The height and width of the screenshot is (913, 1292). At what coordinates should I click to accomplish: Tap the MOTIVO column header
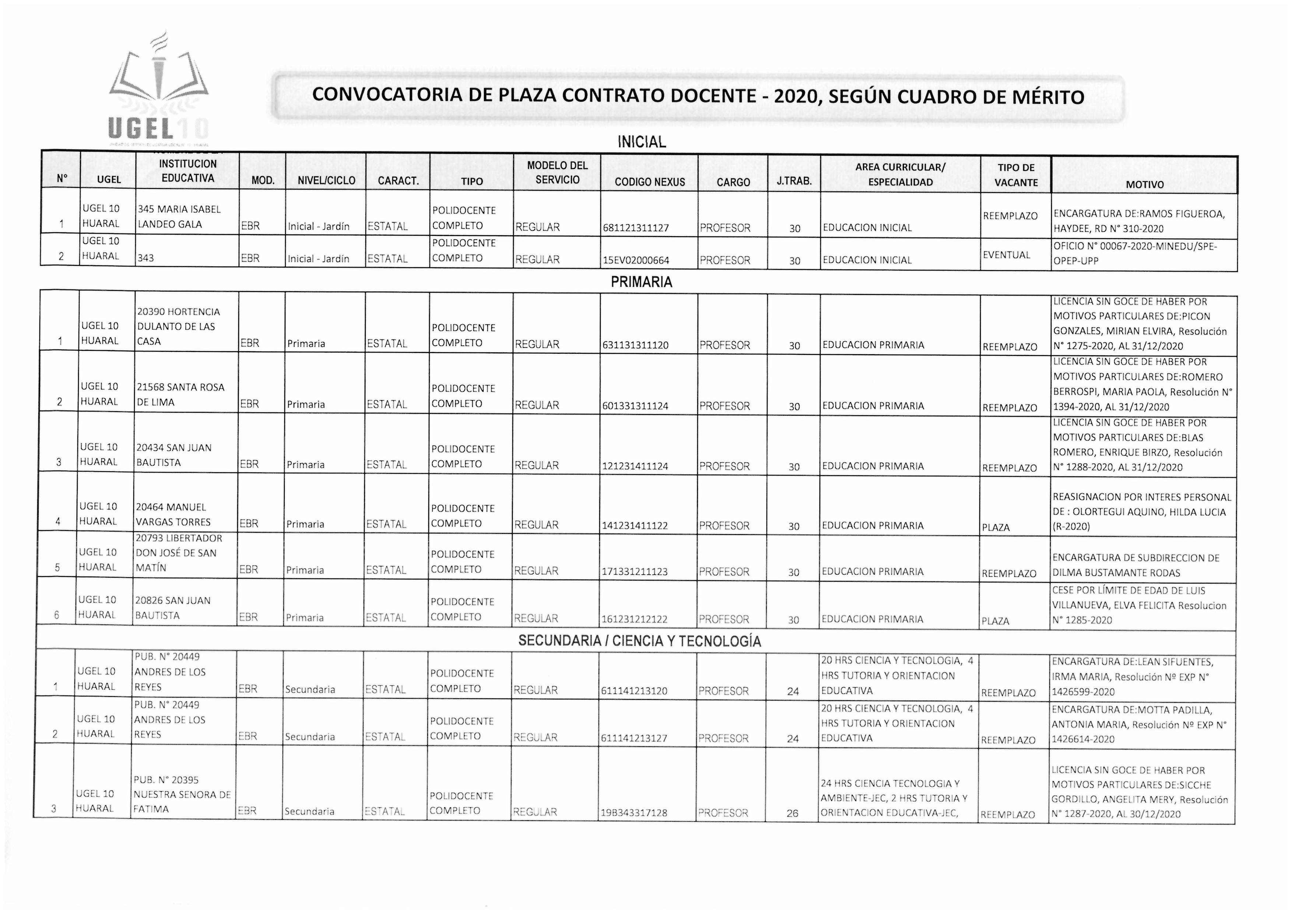[1145, 184]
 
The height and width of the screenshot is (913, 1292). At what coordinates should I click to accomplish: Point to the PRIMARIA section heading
[642, 282]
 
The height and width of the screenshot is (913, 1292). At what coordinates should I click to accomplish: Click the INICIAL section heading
[642, 142]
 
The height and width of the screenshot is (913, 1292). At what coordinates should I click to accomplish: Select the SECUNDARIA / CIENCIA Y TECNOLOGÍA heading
[639, 641]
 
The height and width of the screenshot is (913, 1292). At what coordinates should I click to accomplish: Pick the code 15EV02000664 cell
[636, 260]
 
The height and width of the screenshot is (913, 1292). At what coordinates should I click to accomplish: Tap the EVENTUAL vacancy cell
[1006, 255]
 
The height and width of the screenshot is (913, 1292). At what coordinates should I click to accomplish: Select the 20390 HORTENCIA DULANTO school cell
[178, 326]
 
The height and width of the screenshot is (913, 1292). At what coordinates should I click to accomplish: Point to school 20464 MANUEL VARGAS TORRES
[173, 515]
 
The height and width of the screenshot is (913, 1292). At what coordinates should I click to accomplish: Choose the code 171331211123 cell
[635, 571]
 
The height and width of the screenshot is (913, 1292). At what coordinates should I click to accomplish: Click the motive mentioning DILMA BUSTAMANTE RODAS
[1135, 565]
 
